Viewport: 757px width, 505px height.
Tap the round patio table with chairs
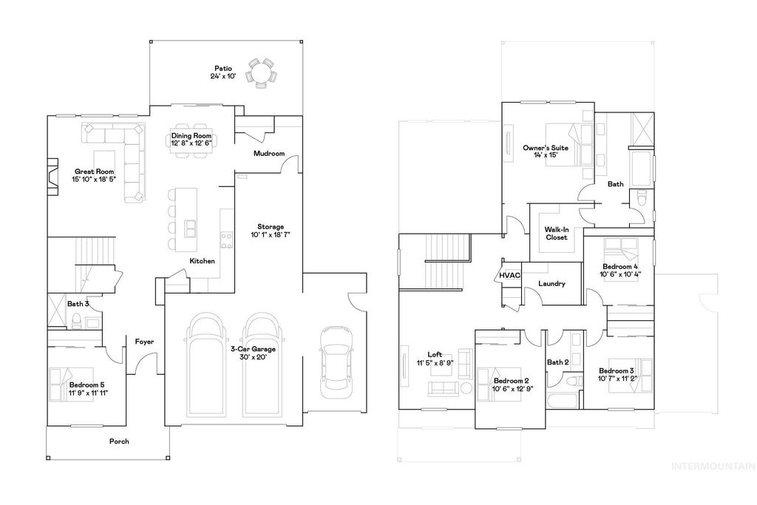pyautogui.click(x=261, y=72)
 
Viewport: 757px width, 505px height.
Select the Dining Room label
pyautogui.click(x=191, y=136)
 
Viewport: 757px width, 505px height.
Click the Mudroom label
pyautogui.click(x=268, y=154)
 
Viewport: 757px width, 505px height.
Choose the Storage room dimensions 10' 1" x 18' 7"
pyautogui.click(x=270, y=235)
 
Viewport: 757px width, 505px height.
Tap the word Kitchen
pyautogui.click(x=202, y=261)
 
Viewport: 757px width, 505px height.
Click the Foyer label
pyautogui.click(x=144, y=342)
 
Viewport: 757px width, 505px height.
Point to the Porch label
pyautogui.click(x=119, y=441)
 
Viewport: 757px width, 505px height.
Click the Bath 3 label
pyautogui.click(x=78, y=303)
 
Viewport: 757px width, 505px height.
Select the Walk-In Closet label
pyautogui.click(x=556, y=234)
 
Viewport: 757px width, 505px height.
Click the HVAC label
pyautogui.click(x=509, y=275)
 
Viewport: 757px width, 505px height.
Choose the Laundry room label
pyautogui.click(x=551, y=283)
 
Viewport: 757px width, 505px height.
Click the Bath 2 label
pyautogui.click(x=557, y=362)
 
